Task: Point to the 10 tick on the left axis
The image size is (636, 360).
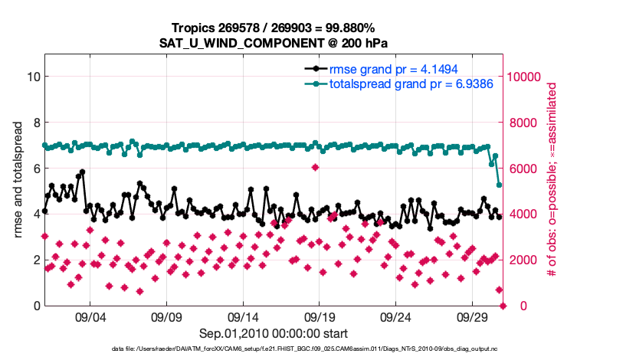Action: coord(34,77)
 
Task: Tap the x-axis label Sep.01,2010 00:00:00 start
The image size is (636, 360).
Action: coord(274,333)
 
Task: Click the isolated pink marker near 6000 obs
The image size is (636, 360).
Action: coord(316,168)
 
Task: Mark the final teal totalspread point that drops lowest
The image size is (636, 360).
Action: coord(500,185)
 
